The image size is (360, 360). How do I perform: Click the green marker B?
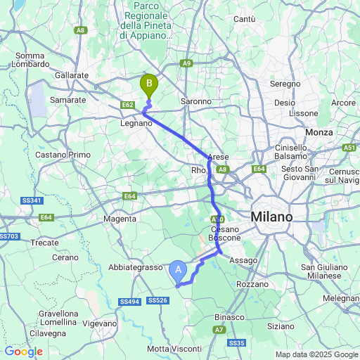click(x=149, y=85)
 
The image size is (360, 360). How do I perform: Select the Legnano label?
click(x=136, y=123)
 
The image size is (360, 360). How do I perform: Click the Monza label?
click(x=319, y=132)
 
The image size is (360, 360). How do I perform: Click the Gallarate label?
click(x=72, y=75)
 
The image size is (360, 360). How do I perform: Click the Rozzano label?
click(x=252, y=284)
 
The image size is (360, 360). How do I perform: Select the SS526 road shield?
click(x=158, y=301)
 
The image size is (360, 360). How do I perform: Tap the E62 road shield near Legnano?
click(x=127, y=105)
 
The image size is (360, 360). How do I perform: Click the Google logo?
click(x=23, y=351)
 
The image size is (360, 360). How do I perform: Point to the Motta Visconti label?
click(x=174, y=349)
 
